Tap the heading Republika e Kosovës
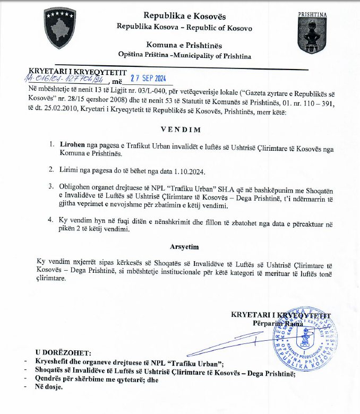tap(184, 17)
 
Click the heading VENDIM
tap(180, 130)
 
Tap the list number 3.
tap(51, 186)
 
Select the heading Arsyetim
tap(184, 247)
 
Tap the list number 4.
tap(51, 219)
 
